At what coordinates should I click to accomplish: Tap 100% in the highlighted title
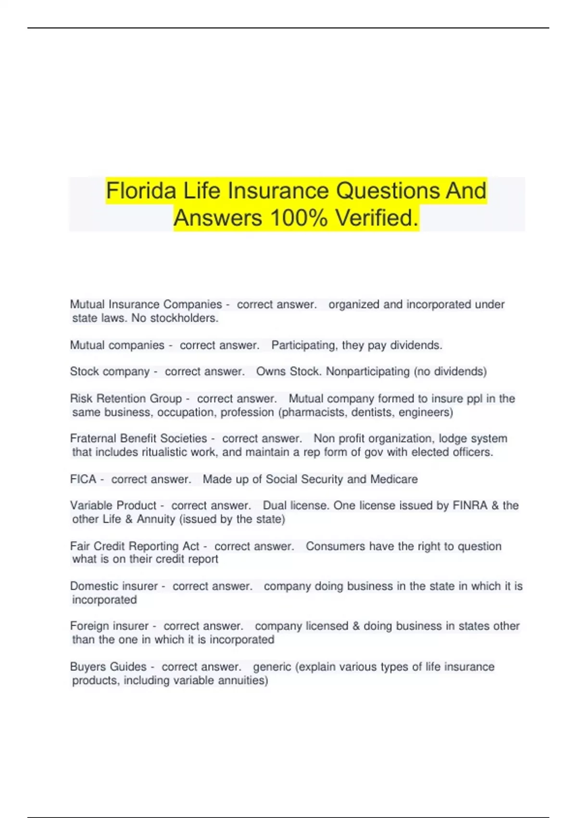coord(299,218)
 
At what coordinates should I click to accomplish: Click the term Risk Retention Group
coord(126,398)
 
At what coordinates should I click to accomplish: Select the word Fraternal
coord(93,438)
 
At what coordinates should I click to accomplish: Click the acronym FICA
coord(83,479)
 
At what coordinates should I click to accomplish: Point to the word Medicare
coord(394,479)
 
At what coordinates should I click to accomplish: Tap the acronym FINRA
coord(470,505)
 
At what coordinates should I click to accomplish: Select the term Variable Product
coord(113,505)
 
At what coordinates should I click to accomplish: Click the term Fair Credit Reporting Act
coord(134,546)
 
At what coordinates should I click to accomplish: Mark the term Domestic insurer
coord(113,586)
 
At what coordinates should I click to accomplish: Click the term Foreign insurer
coord(109,626)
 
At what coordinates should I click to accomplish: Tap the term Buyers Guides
coord(108,667)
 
